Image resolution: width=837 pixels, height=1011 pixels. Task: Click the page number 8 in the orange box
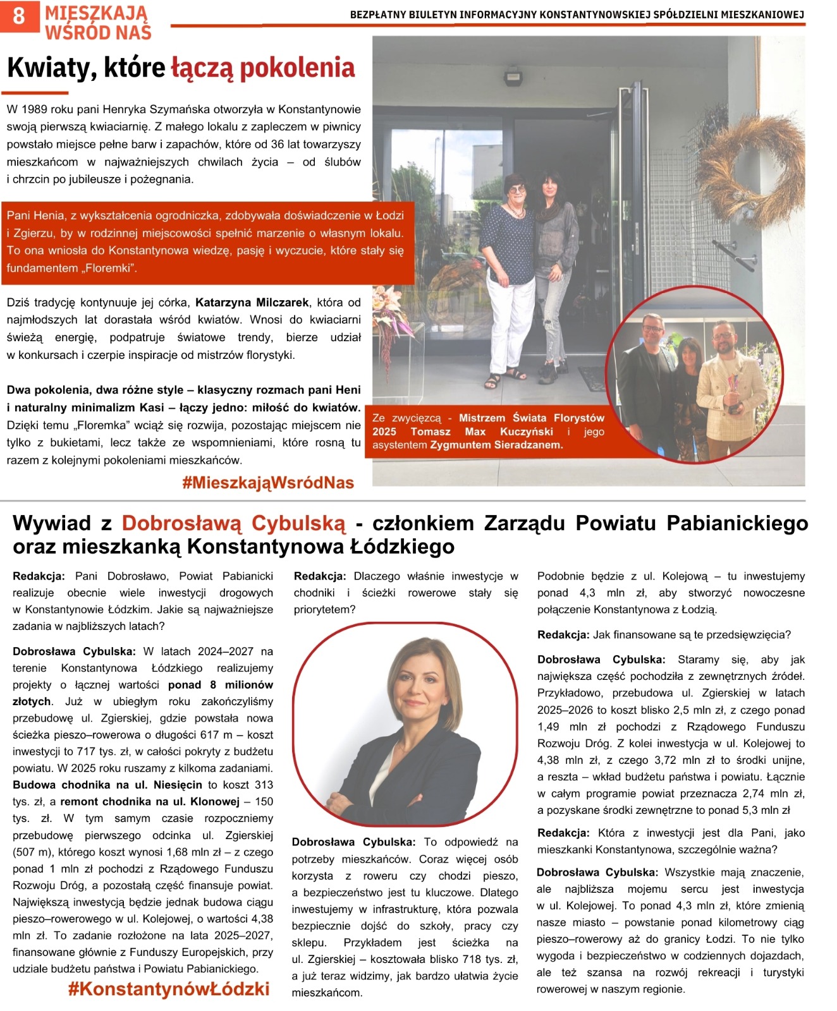19,15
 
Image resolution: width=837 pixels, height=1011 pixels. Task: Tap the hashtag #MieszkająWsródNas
267,483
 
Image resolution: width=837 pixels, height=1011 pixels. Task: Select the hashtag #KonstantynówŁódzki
169,989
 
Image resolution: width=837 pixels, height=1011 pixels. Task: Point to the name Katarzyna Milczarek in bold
252,302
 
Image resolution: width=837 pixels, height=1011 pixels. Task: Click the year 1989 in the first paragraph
34,109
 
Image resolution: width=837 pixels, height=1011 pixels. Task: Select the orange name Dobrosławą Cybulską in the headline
234,523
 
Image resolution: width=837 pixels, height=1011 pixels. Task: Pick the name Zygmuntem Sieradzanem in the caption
496,445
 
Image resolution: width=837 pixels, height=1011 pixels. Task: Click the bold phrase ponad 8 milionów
221,684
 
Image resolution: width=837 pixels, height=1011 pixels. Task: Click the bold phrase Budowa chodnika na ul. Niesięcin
107,785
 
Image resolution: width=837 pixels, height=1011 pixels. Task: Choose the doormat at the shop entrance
593,377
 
